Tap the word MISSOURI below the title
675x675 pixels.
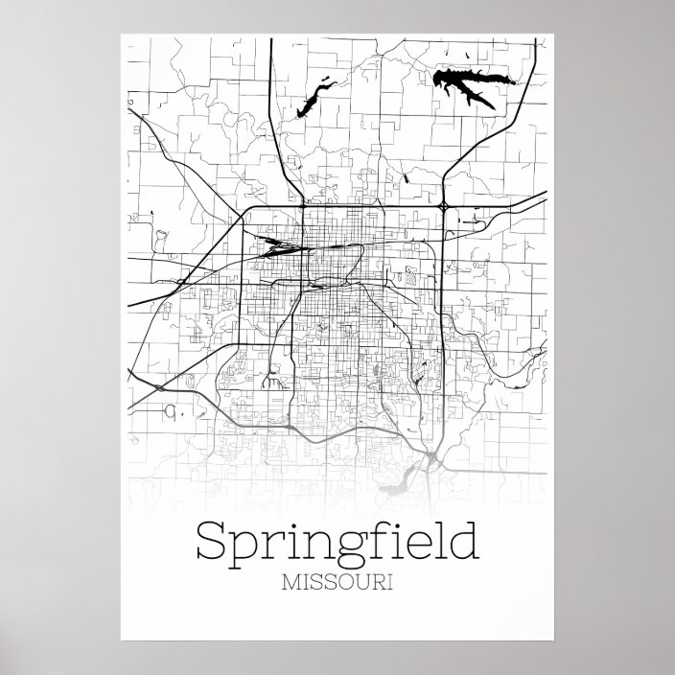tap(337, 582)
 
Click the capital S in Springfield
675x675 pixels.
tap(212, 542)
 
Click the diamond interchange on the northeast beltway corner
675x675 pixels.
tap(444, 205)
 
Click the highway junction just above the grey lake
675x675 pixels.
tap(434, 456)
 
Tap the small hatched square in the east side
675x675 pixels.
tap(413, 280)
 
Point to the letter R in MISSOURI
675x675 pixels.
tap(377, 582)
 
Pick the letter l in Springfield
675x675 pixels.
tap(438, 540)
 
